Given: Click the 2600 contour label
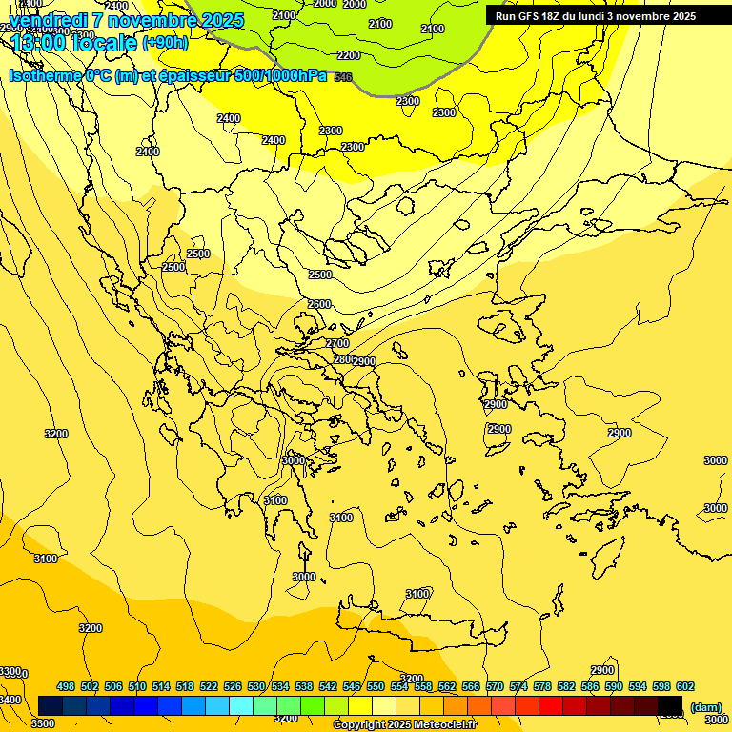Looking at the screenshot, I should tap(319, 304).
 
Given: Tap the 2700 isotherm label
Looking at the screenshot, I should tap(337, 343).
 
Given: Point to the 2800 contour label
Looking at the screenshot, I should tap(344, 359).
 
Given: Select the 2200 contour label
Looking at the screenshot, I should tap(349, 55).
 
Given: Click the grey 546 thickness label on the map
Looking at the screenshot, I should tap(344, 76).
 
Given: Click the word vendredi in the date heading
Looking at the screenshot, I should tap(48, 20).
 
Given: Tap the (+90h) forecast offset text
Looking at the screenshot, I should tap(165, 43).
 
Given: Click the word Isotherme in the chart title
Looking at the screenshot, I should tap(45, 75).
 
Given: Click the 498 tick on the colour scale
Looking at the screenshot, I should tap(66, 686).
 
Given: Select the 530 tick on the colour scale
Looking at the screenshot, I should tap(255, 686).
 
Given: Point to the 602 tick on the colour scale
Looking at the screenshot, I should tap(684, 686).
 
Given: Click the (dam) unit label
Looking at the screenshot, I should tap(705, 706).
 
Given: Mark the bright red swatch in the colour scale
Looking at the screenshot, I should tap(551, 705).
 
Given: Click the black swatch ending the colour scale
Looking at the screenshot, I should tap(670, 705).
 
